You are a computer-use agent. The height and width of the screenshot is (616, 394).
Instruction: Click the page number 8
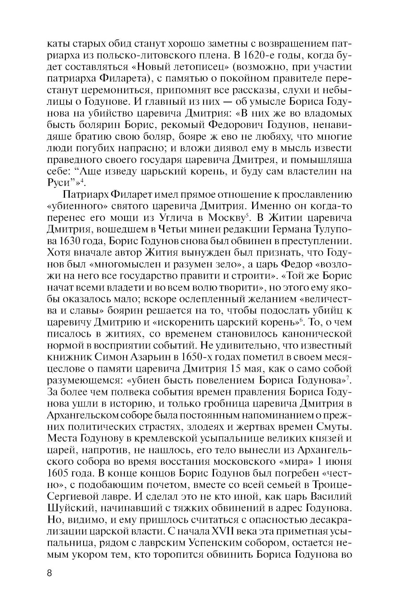click(49, 573)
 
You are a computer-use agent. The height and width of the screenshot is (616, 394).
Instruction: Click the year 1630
click(68, 241)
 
